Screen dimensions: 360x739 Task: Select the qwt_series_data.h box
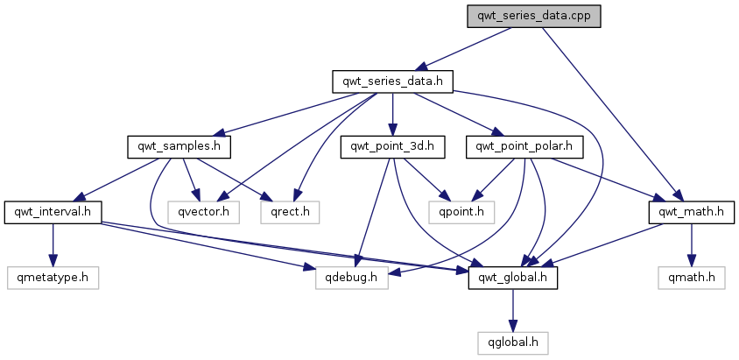392,81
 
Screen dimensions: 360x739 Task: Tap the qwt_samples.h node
179,146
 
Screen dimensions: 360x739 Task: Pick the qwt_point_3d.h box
392,146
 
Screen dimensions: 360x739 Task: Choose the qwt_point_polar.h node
524,146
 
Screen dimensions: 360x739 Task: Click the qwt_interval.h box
53,211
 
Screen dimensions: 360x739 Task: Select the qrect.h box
289,211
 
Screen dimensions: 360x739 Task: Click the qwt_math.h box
691,211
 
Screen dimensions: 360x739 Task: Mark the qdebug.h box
341,279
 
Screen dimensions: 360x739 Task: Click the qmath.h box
690,279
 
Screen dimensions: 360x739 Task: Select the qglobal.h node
513,341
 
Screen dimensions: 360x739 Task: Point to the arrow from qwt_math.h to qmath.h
691,244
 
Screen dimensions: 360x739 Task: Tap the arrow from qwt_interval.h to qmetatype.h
53,244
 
